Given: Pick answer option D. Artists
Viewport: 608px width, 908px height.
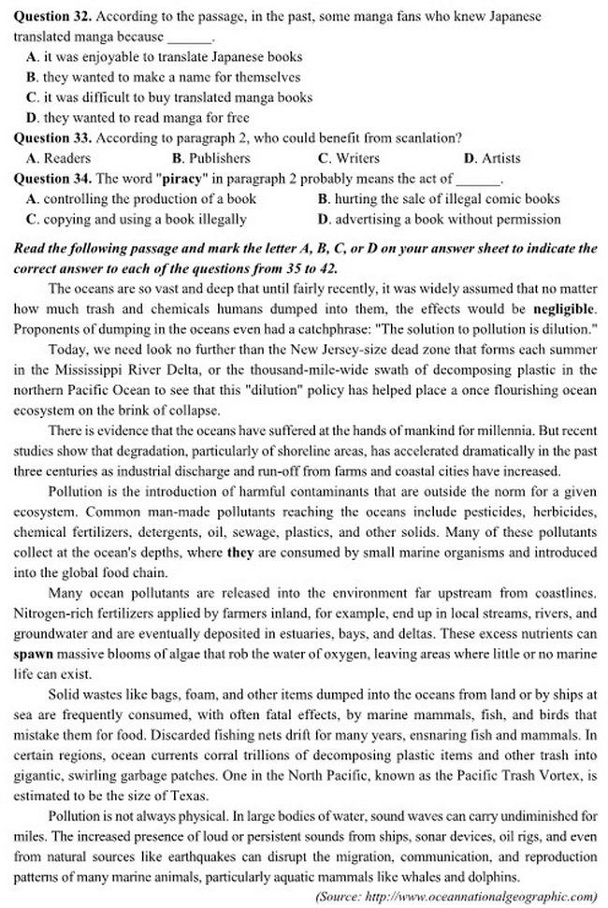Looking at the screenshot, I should [x=492, y=158].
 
